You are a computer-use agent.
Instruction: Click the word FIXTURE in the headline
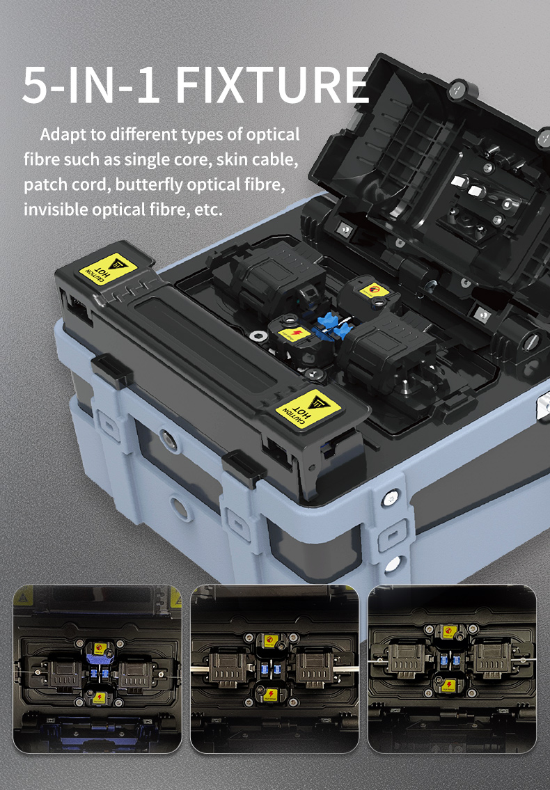click(272, 85)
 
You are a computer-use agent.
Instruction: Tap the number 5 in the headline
click(35, 85)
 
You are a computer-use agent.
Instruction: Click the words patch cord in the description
click(67, 185)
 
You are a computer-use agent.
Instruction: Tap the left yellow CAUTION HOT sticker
click(109, 269)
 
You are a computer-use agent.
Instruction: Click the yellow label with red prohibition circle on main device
click(374, 291)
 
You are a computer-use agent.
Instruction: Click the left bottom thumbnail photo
click(97, 669)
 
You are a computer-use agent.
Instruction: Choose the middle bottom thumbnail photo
click(275, 669)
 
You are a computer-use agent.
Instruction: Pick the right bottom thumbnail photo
click(453, 669)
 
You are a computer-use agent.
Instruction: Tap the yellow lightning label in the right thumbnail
click(448, 685)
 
